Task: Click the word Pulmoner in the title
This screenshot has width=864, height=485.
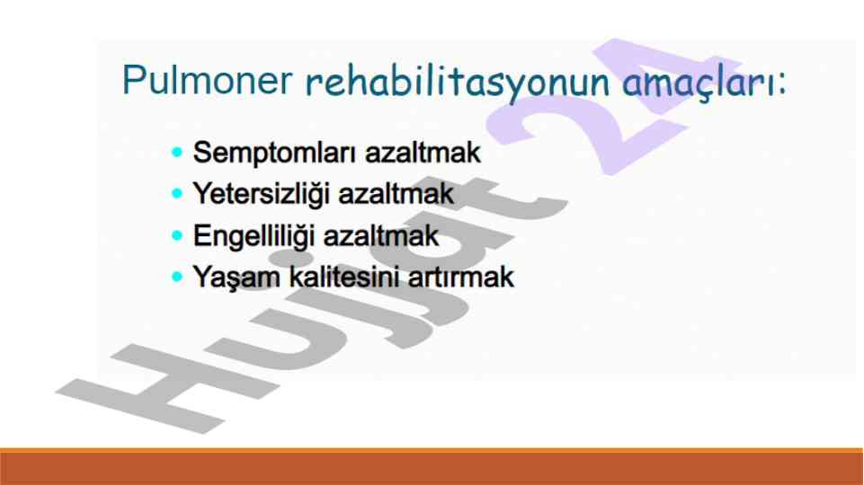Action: coord(207,80)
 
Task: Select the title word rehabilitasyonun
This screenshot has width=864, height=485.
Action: coord(458,83)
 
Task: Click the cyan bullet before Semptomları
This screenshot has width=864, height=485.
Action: coord(177,152)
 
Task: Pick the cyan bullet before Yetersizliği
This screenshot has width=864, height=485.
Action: coord(177,194)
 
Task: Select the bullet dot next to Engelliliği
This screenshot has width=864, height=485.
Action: coord(177,235)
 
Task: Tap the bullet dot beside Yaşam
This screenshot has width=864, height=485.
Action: coord(177,277)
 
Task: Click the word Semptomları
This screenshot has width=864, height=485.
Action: coord(275,154)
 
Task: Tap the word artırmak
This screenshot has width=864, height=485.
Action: coord(460,277)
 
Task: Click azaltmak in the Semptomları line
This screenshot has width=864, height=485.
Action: coord(423,153)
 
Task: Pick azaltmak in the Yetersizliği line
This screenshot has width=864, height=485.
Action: coord(396,194)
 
